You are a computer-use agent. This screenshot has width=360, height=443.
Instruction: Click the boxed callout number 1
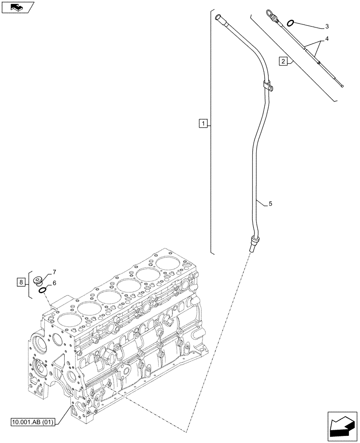point(202,123)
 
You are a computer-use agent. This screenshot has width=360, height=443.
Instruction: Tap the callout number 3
point(327,27)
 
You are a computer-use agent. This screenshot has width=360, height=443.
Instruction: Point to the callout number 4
point(327,39)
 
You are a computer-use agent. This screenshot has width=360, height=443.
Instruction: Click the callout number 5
point(270,204)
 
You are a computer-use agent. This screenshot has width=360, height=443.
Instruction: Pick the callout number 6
point(54,283)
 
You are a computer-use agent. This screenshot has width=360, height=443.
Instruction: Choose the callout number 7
point(54,272)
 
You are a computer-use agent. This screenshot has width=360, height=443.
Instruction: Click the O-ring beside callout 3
point(291,23)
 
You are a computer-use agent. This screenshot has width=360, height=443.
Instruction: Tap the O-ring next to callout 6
point(43,291)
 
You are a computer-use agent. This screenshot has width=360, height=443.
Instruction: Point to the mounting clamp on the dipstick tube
point(267,86)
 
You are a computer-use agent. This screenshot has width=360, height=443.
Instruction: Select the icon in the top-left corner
point(17,7)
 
